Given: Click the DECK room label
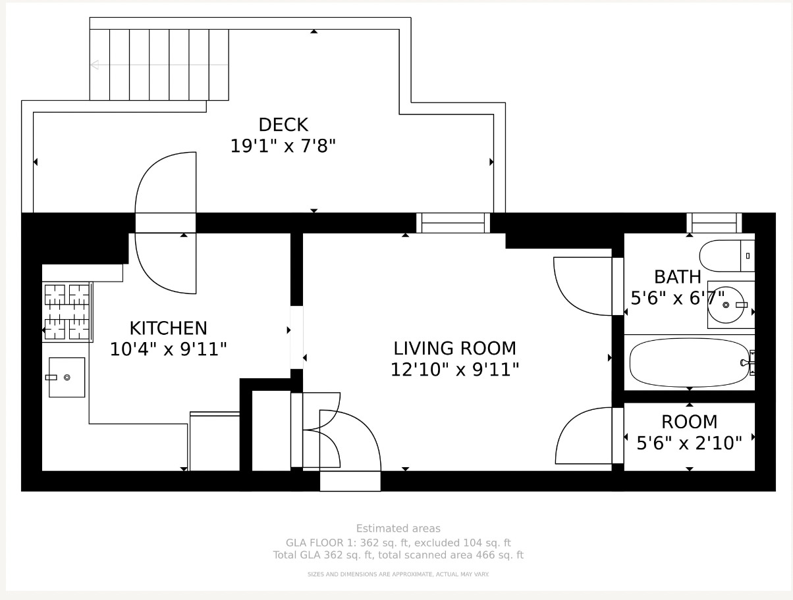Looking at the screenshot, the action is point(283,125).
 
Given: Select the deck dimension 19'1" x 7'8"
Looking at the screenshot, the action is point(283,146).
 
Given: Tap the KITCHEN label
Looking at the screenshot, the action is point(169,328).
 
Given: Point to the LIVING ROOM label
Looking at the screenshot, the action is point(455,349).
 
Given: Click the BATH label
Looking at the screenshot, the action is point(678,277).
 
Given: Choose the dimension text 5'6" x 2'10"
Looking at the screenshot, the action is point(689,443).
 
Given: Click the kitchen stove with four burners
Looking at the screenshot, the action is point(67,312).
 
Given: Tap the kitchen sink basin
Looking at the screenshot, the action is point(67,378).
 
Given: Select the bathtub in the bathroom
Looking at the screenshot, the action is point(690,362).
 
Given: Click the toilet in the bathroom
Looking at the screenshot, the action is point(727,256).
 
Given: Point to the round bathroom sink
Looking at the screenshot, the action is point(726,305).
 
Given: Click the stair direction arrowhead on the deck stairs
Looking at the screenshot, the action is point(95,65).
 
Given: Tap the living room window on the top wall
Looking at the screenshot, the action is point(453,222).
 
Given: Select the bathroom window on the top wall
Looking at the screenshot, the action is point(714,222).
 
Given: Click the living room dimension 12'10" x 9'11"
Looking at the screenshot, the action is point(455,370).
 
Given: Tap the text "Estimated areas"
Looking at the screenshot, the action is point(398,528).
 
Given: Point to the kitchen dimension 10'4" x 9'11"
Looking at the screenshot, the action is point(169,349).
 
